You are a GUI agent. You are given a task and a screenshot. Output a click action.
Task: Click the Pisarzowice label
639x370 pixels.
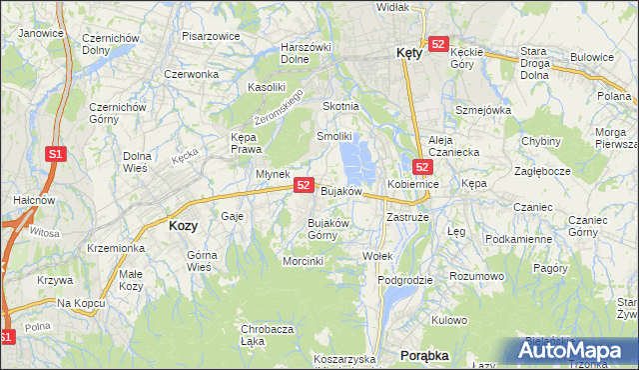click(x=211, y=36)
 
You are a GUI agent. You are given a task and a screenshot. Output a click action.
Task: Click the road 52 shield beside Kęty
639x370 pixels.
click(x=437, y=43)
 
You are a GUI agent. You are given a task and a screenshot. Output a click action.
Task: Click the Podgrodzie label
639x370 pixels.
click(x=405, y=280)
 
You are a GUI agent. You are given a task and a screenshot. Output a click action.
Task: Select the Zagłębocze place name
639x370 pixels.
click(x=541, y=171)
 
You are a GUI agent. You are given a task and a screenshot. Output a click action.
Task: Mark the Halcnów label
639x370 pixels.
click(x=26, y=200)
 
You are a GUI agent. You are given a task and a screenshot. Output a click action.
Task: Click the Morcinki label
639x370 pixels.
click(x=303, y=261)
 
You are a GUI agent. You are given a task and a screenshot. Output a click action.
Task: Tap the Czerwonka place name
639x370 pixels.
click(x=191, y=74)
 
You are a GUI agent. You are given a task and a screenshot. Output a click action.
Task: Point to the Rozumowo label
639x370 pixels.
click(x=475, y=275)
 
